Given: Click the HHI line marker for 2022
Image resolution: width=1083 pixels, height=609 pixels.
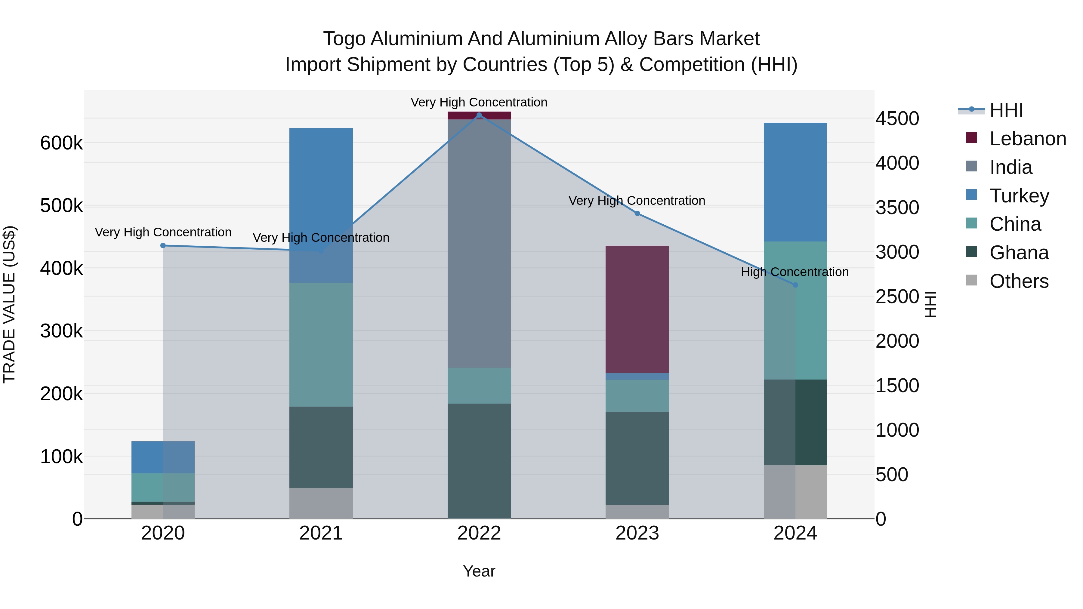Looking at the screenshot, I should click(x=479, y=115).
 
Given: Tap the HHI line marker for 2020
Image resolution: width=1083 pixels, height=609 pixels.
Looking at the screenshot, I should click(x=163, y=245).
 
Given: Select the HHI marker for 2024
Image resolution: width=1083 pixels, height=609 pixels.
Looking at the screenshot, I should click(x=795, y=285).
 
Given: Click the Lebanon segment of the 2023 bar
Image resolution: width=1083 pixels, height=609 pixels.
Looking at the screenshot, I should click(x=637, y=309).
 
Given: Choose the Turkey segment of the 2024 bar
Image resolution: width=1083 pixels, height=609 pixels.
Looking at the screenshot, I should click(x=795, y=182).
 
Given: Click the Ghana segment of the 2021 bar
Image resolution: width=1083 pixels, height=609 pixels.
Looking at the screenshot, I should click(x=321, y=447).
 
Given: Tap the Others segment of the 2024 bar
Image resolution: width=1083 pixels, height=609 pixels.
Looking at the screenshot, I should click(x=795, y=492).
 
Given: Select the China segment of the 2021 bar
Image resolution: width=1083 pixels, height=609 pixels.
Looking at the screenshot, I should click(x=321, y=345).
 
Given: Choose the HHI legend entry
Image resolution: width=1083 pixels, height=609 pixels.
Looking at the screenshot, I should click(x=1006, y=110).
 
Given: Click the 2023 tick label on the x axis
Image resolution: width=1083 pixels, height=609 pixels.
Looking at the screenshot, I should click(x=637, y=533).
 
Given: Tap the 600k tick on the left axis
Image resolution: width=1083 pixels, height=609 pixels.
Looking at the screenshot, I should click(x=61, y=143).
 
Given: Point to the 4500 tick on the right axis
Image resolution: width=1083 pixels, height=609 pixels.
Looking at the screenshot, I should click(x=897, y=118).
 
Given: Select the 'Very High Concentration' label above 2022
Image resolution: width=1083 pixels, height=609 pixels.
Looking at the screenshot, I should click(x=479, y=102).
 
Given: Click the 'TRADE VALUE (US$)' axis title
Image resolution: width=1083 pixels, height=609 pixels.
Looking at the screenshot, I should click(x=9, y=304).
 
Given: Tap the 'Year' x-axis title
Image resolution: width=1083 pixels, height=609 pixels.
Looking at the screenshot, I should click(x=479, y=571).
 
